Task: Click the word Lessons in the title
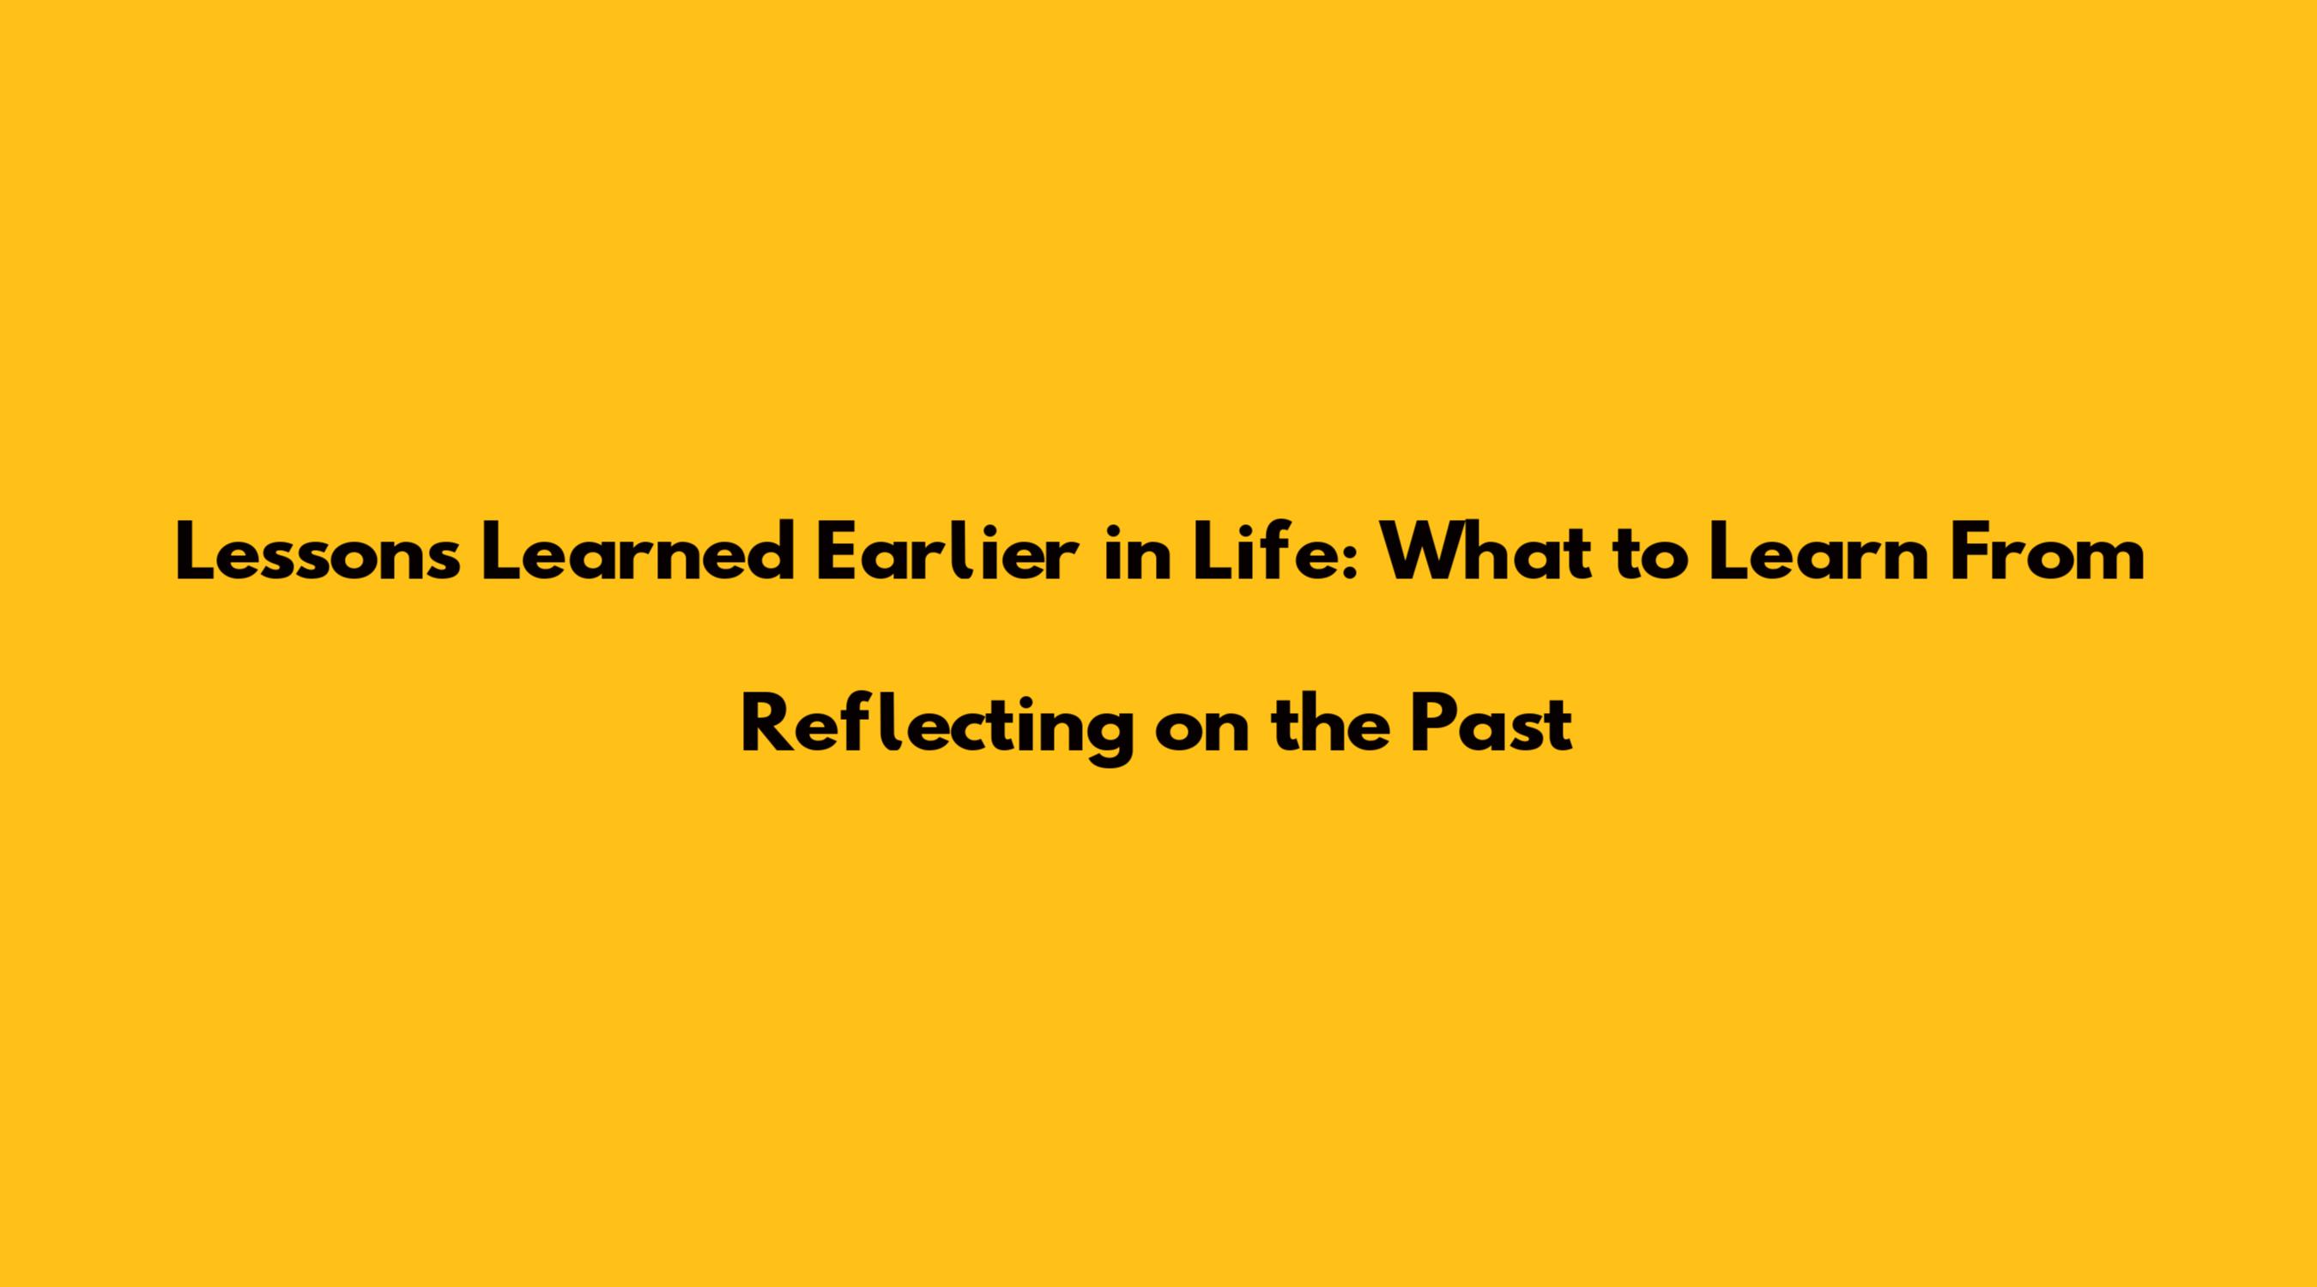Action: pos(318,553)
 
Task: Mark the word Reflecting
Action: pos(936,727)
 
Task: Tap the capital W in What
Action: pos(1425,553)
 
